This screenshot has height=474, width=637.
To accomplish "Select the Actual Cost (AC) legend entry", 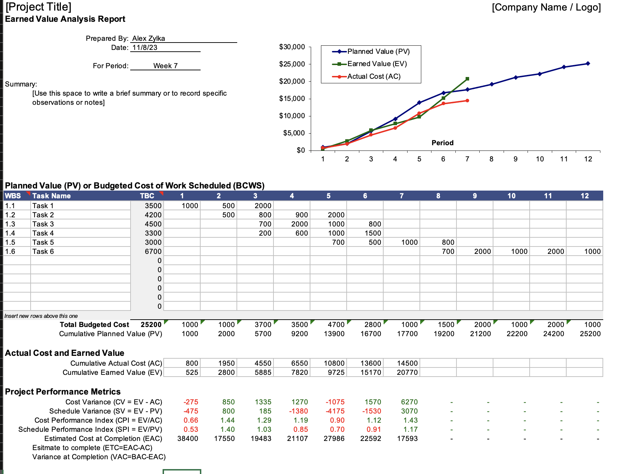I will coord(373,77).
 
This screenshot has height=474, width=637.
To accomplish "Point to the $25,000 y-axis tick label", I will coord(292,64).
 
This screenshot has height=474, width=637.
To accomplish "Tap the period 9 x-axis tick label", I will coord(516,159).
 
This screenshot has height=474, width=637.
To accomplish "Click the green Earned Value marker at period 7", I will coord(467,79).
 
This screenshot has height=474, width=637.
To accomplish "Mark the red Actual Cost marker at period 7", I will coord(467,101).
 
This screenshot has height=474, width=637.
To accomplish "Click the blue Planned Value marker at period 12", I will coord(588,64).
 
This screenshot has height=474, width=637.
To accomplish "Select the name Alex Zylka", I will coord(149,38).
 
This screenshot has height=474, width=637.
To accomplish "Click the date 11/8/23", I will coord(145,47).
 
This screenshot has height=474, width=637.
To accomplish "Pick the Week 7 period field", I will coord(165,66).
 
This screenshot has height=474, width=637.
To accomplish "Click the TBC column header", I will coord(147,196).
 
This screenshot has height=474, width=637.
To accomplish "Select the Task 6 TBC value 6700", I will coord(153,251).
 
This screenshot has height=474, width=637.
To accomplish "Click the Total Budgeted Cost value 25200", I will coord(151,325).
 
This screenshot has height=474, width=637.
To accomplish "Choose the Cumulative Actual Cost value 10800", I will coord(334,363).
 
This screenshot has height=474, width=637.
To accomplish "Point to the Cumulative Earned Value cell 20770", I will coord(407,372).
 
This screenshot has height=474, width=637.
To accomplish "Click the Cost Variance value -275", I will coord(191,402).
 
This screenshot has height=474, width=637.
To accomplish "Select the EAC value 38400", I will coord(188,438).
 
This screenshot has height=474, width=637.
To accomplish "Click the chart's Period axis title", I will coord(442,143).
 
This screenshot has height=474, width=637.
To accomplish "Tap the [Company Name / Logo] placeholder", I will coord(546,7).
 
